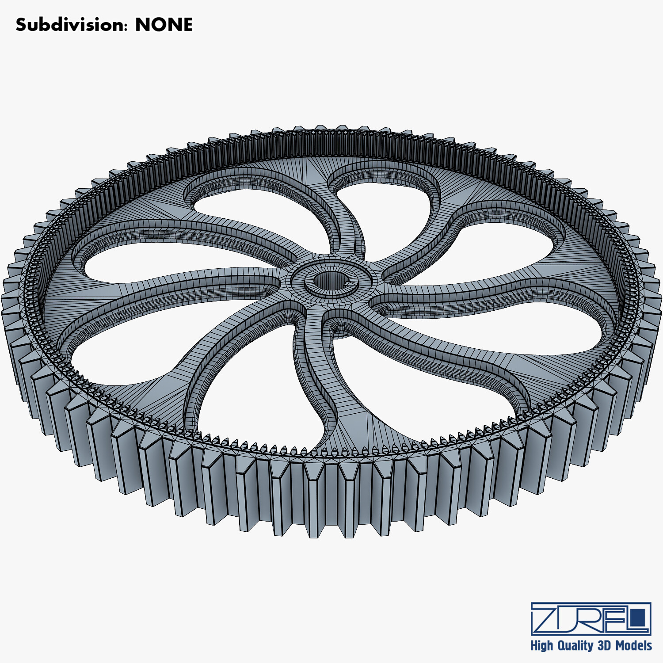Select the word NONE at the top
(164, 25)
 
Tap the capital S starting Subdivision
(21, 25)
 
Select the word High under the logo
(541, 646)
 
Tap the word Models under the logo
(634, 646)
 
